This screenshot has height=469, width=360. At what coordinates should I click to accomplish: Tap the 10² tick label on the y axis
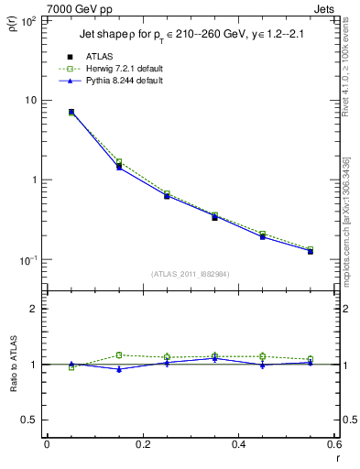pos(29,20)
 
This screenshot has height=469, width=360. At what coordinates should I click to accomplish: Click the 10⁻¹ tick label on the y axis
pos(29,260)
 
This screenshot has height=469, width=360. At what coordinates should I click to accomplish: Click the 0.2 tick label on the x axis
pos(142,444)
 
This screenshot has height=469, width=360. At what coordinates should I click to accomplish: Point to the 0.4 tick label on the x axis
pos(238,444)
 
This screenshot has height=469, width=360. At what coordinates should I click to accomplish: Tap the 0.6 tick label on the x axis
pos(332,444)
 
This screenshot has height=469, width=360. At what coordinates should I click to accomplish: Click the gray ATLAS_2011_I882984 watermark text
pos(191,274)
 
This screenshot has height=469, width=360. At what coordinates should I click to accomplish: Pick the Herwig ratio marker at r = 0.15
pos(119,354)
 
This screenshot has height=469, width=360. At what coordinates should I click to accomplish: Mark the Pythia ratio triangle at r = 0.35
pos(214,358)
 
